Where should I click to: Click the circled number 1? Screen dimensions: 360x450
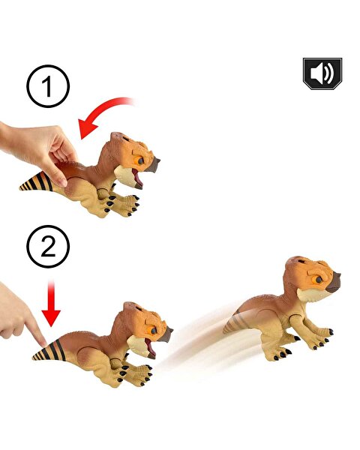[x=48, y=86]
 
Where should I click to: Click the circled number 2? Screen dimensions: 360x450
[x=48, y=247]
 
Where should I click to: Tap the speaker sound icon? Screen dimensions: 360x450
[x=322, y=73]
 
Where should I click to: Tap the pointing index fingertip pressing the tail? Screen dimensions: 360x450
[x=42, y=341]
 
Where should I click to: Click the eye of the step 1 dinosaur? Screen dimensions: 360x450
[x=140, y=161]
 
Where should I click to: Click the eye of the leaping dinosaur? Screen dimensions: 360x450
[x=319, y=279]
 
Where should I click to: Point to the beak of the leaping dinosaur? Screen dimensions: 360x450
[x=334, y=282]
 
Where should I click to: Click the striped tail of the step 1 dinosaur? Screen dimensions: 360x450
[x=37, y=181]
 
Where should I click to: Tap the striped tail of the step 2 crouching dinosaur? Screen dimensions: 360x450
[x=49, y=351]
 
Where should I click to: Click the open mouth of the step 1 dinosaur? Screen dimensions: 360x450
[x=137, y=178]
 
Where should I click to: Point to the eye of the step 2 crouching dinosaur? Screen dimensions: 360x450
[x=154, y=331]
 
